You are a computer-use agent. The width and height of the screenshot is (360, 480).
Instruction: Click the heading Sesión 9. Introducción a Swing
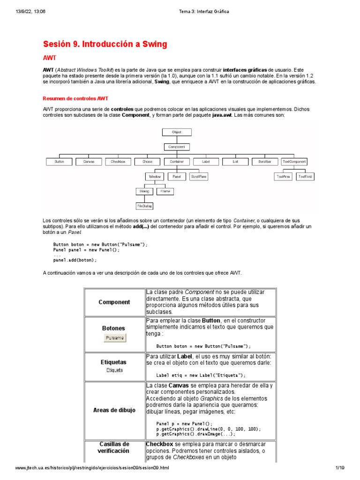105,45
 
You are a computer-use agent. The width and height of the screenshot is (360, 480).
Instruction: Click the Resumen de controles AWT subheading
75,98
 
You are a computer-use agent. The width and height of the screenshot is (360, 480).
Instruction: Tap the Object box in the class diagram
176,133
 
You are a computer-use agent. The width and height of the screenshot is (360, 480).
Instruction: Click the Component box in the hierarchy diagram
176,147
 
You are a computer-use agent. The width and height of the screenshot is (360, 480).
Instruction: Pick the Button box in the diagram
59,162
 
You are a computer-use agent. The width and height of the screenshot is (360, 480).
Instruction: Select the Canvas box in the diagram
89,162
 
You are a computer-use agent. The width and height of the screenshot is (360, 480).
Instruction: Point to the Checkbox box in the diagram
118,162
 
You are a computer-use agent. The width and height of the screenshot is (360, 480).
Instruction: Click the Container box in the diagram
176,162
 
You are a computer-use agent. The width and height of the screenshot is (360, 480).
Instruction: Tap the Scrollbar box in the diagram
264,162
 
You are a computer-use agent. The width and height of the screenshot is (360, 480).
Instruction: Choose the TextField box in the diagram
305,177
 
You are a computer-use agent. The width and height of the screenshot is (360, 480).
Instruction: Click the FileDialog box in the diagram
144,206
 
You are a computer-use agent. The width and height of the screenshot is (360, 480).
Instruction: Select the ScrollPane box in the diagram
198,177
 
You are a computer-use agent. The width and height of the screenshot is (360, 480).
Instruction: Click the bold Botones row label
114,329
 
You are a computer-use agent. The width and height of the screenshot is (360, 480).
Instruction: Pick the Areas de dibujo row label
114,410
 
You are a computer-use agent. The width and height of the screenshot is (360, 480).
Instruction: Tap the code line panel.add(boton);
75,260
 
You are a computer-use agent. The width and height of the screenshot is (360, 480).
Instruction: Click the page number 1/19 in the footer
339,468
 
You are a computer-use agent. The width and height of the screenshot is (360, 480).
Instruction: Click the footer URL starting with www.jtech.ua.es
92,468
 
